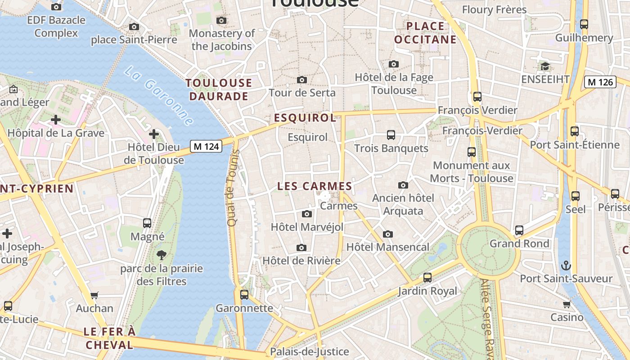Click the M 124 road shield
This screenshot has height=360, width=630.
pyautogui.click(x=206, y=146)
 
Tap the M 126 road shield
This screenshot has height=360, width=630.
pyautogui.click(x=600, y=82)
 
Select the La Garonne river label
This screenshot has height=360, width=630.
pyautogui.click(x=159, y=96)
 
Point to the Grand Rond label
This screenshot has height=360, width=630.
pyautogui.click(x=519, y=243)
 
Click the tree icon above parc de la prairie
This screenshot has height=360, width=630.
pyautogui.click(x=162, y=255)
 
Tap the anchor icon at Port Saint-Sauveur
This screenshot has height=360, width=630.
pyautogui.click(x=566, y=265)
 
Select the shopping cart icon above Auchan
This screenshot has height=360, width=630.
pyautogui.click(x=94, y=295)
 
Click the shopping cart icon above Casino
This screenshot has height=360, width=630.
pyautogui.click(x=567, y=304)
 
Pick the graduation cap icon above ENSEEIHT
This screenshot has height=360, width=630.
pyautogui.click(x=545, y=66)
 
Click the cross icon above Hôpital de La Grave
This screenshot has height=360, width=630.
pyautogui.click(x=56, y=120)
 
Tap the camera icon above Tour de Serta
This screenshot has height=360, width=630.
pyautogui.click(x=302, y=80)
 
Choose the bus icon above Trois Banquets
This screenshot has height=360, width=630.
pyautogui.click(x=391, y=135)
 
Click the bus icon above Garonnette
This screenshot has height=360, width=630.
pyautogui.click(x=244, y=295)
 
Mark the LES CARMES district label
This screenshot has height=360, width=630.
pyautogui.click(x=315, y=186)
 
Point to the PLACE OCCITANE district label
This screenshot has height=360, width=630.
pyautogui.click(x=425, y=33)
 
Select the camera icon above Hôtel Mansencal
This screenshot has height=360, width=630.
pyautogui.click(x=387, y=234)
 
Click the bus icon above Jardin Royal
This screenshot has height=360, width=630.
pyautogui.click(x=427, y=278)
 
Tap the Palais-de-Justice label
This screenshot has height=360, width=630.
pyautogui.click(x=309, y=351)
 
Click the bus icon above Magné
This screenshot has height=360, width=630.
pyautogui.click(x=147, y=223)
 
